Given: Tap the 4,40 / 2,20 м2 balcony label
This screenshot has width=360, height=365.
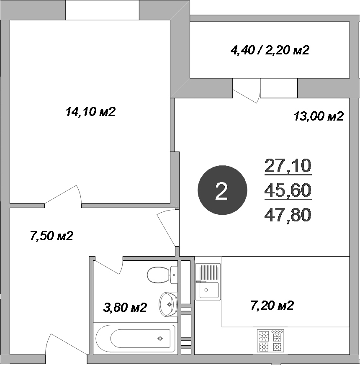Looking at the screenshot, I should pyautogui.click(x=270, y=51).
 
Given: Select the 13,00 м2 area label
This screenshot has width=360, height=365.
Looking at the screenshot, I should pyautogui.click(x=319, y=116).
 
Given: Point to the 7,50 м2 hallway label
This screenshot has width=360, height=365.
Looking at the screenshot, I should pyautogui.click(x=51, y=236).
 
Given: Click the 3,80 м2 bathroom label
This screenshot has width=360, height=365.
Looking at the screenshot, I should pyautogui.click(x=125, y=308).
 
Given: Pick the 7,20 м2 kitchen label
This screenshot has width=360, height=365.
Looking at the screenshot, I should pyautogui.click(x=272, y=306).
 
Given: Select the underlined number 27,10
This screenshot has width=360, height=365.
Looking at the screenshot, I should pyautogui.click(x=288, y=166).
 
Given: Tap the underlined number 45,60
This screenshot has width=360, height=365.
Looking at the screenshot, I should pyautogui.click(x=288, y=191).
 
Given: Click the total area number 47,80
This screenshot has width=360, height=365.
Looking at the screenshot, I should pyautogui.click(x=288, y=215).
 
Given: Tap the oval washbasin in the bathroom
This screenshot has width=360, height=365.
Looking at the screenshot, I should pyautogui.click(x=167, y=303).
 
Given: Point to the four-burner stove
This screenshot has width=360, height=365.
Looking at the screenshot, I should pyautogui.click(x=271, y=341).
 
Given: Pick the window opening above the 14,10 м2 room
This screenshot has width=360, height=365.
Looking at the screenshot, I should pyautogui.click(x=103, y=10).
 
